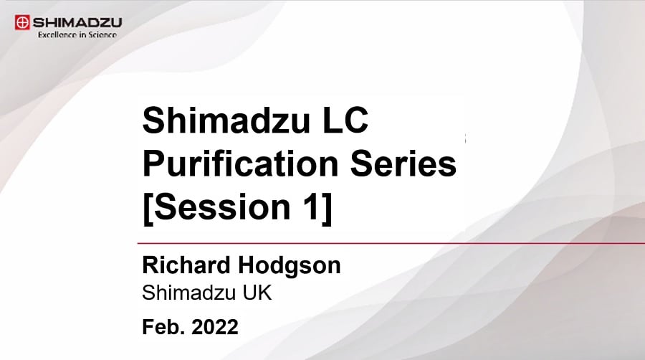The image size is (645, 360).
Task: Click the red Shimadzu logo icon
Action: coord(22,22)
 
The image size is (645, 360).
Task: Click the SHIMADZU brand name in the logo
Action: coord(77,22)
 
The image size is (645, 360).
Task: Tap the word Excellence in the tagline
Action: coord(57,35)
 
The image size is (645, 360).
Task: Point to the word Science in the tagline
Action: coord(102,35)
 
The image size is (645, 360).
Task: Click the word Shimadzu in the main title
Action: coord(226,120)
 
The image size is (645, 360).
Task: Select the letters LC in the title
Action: coord(345,120)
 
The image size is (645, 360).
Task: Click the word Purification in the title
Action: coord(240,164)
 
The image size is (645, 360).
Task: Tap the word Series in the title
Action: coord(403,164)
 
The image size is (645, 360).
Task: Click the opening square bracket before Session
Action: coord(147,209)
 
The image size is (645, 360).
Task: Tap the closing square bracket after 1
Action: coord(327,209)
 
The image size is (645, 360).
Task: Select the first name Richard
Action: coord(186,265)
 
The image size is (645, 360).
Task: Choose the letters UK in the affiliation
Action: coord(257,293)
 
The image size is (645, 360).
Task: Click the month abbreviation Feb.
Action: coord(163,327)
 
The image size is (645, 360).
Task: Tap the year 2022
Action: coord(215,327)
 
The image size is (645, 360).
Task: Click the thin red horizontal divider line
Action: coord(391,243)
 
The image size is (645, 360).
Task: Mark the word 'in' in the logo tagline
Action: coord(82,35)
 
